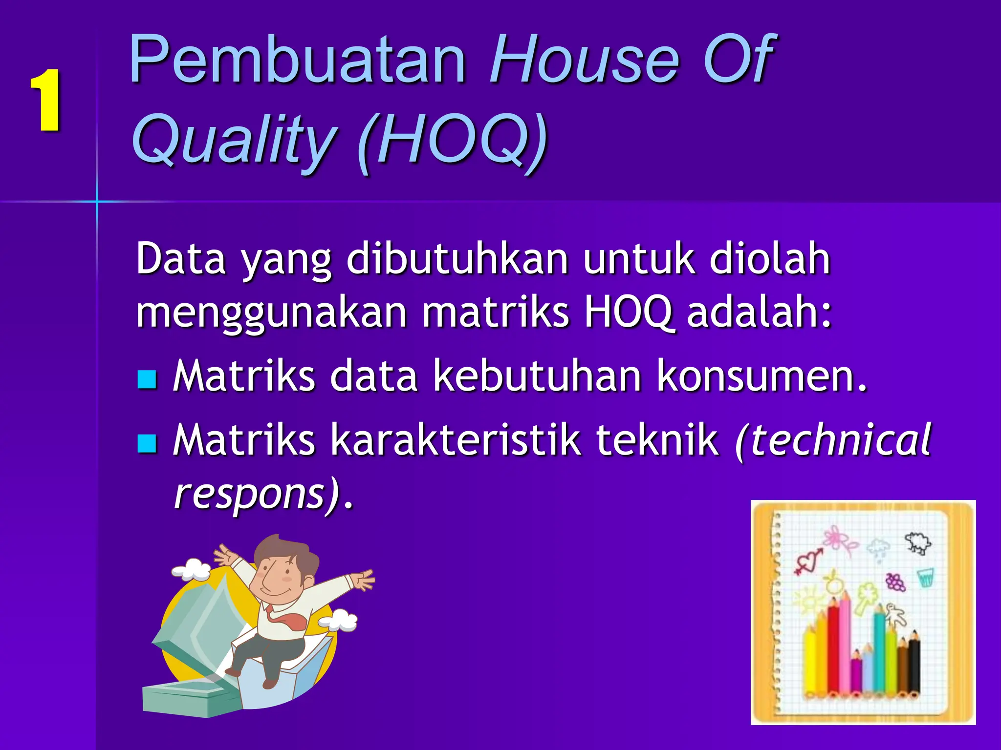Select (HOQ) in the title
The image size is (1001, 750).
click(452, 142)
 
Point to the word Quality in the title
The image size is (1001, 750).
click(235, 142)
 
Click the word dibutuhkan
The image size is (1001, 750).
click(457, 259)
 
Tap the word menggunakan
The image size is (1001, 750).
click(271, 312)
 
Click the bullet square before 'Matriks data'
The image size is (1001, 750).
click(147, 379)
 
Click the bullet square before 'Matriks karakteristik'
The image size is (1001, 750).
click(147, 443)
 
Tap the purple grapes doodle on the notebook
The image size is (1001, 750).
click(895, 582)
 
